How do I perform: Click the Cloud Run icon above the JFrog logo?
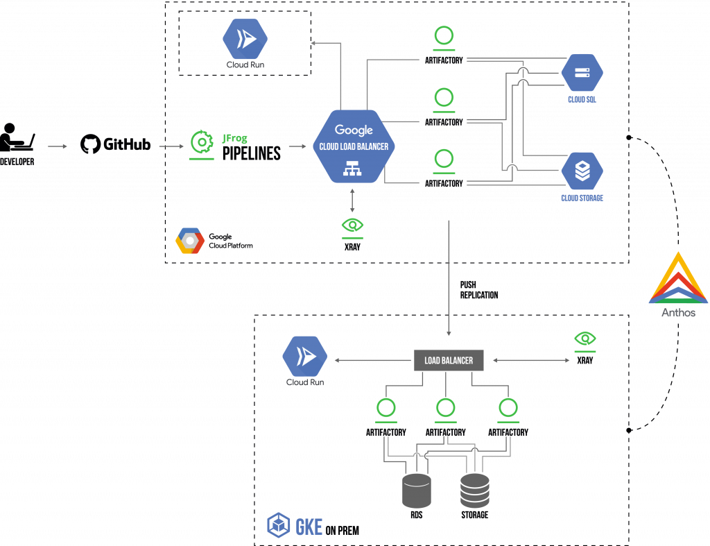tap(245, 39)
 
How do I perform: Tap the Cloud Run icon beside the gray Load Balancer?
tap(304, 357)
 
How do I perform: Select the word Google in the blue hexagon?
tap(354, 130)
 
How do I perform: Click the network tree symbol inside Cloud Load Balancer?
tap(353, 167)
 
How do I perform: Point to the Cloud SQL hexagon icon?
tap(582, 73)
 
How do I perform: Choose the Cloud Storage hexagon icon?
tap(582, 171)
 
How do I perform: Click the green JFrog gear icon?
tap(202, 142)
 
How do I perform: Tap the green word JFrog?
tap(234, 138)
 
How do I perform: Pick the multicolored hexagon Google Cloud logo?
tap(190, 241)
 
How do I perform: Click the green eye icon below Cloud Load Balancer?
tap(352, 225)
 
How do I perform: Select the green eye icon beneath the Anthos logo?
tap(585, 338)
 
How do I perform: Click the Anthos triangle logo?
tap(678, 279)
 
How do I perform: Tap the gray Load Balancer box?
tap(449, 361)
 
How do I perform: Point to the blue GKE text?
tap(309, 527)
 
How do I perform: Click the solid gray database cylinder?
tap(417, 490)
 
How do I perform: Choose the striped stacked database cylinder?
tap(475, 490)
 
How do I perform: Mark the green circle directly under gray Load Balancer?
tap(445, 408)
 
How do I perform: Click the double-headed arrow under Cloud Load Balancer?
tap(352, 201)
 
